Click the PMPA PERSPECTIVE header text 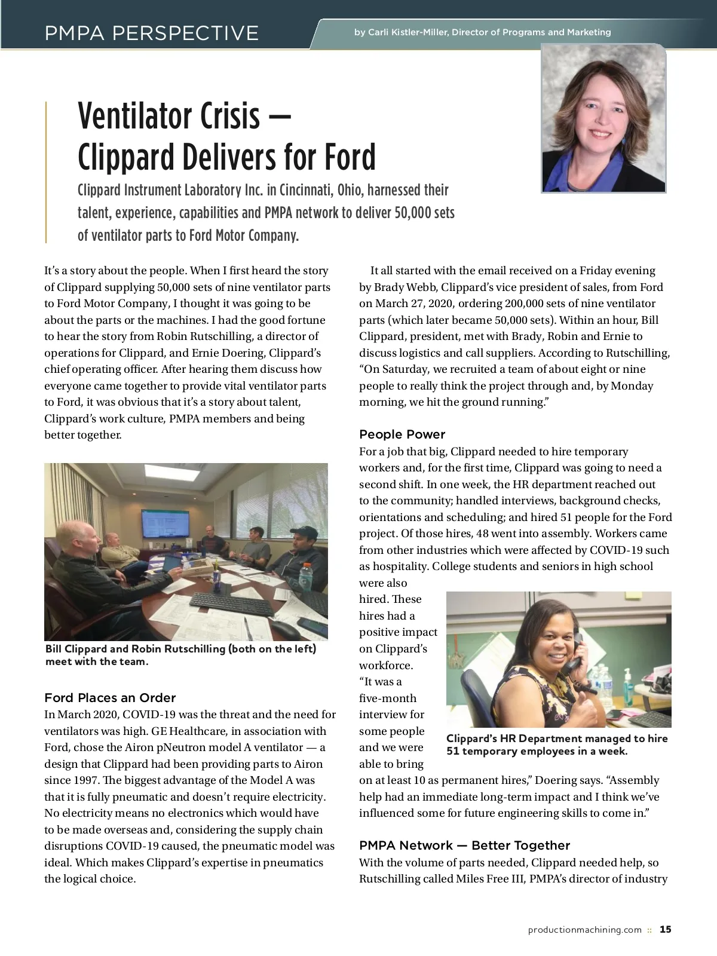151,32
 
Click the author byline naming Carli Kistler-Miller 482,32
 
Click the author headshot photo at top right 603,119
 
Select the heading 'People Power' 402,434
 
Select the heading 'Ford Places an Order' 110,698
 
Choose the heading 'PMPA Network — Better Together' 464,845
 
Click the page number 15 666,930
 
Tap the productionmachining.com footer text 584,930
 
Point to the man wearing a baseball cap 296,553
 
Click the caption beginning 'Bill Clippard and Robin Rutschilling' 180,655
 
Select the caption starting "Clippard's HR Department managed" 557,744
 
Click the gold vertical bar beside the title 46,172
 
